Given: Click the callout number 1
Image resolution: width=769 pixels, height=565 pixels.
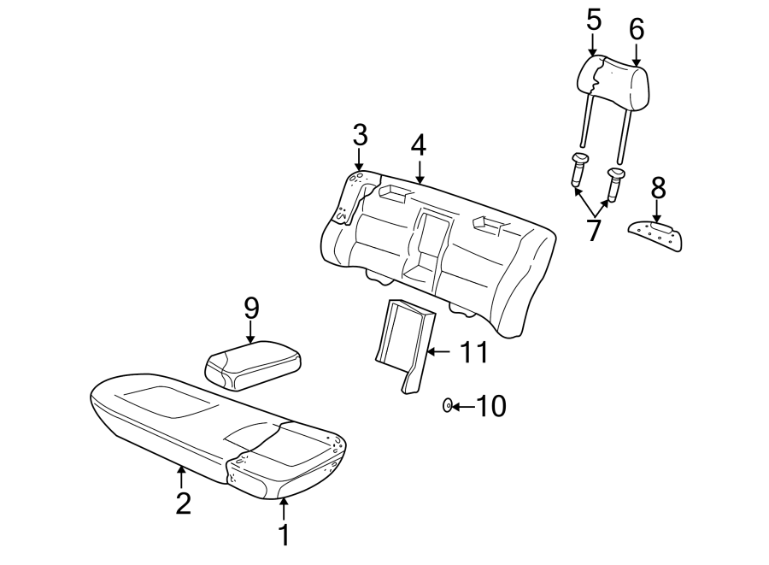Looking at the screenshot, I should pyautogui.click(x=285, y=536).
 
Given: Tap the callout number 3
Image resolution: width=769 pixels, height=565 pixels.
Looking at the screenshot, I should pyautogui.click(x=360, y=135).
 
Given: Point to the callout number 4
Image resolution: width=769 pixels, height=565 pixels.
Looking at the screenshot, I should pyautogui.click(x=417, y=145).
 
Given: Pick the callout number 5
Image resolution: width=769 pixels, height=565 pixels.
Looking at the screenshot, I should pyautogui.click(x=594, y=20).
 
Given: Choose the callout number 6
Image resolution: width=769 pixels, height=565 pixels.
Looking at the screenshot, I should pyautogui.click(x=637, y=29).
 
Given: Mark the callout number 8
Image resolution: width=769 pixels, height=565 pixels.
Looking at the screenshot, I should pyautogui.click(x=656, y=185).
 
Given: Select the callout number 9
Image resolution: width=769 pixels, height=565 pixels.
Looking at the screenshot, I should pyautogui.click(x=250, y=307).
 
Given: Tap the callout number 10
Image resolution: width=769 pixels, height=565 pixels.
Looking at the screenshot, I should pyautogui.click(x=490, y=406).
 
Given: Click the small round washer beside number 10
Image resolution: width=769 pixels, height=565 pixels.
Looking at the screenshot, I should pyautogui.click(x=448, y=405).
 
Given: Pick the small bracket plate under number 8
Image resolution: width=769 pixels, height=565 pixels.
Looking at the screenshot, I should pyautogui.click(x=657, y=234).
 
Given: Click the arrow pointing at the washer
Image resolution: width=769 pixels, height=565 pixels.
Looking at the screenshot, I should pyautogui.click(x=463, y=406).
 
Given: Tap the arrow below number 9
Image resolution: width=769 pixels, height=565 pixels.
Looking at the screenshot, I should pyautogui.click(x=250, y=332).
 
